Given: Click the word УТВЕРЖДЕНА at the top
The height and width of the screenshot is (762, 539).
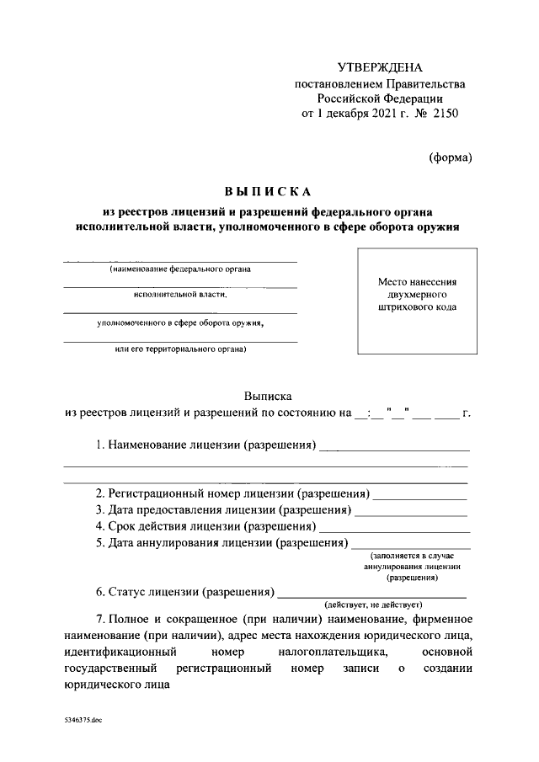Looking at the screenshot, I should pyautogui.click(x=379, y=67).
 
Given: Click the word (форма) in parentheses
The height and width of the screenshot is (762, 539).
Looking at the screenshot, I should pyautogui.click(x=450, y=157).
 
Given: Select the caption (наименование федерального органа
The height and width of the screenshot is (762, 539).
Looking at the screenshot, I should pyautogui.click(x=180, y=269).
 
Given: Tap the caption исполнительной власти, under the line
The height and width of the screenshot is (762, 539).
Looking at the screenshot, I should pyautogui.click(x=180, y=296).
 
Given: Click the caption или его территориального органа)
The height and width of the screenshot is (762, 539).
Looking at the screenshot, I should pyautogui.click(x=180, y=349).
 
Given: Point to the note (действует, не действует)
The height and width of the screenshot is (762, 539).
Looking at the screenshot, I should pyautogui.click(x=373, y=605).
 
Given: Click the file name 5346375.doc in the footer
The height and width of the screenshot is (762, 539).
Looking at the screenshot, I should pyautogui.click(x=83, y=722).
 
